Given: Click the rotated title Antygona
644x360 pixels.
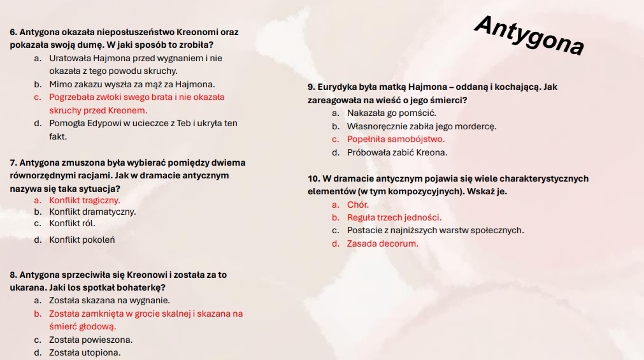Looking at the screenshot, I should coord(529,35).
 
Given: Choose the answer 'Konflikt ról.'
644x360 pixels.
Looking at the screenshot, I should coord(72,223).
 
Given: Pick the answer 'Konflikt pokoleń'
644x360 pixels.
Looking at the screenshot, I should coord(82,240).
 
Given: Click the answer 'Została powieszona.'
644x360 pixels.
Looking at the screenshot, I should coord(91,340).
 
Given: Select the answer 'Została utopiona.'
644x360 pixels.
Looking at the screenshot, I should coord(85,352).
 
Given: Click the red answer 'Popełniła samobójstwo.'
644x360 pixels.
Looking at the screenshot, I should coord(396,139).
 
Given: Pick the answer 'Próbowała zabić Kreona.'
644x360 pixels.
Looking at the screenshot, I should coord(397,153).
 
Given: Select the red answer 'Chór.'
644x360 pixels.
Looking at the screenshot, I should coord(358,205).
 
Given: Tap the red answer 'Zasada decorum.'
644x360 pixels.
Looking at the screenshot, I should coord(383,243).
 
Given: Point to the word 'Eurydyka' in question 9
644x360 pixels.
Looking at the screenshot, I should coord(336,87).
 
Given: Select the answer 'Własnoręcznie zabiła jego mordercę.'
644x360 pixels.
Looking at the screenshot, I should coord(422,126).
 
